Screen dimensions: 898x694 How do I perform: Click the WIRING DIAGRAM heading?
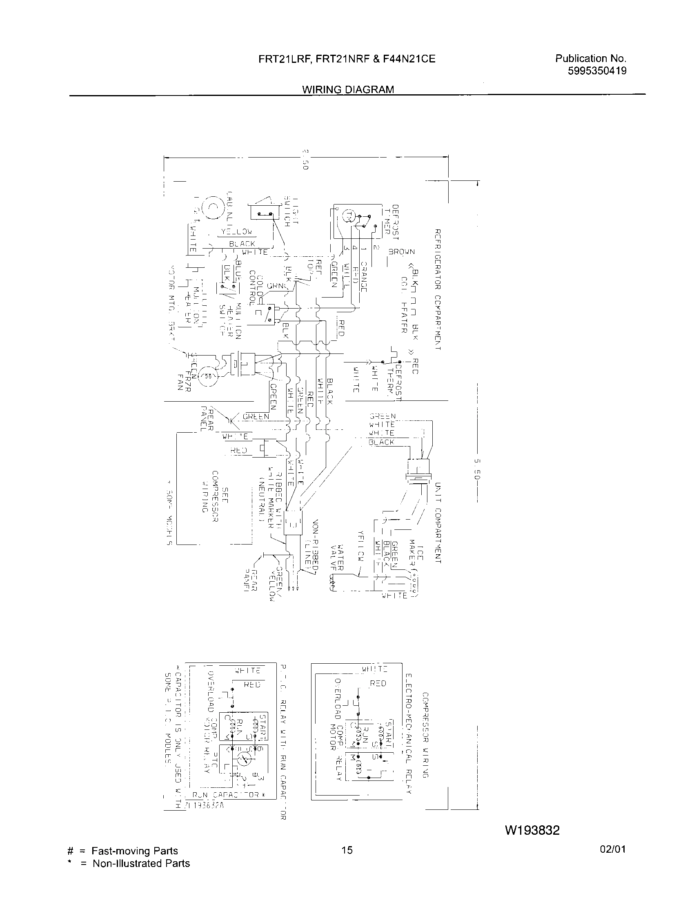(348, 89)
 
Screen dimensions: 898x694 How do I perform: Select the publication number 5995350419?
(597, 71)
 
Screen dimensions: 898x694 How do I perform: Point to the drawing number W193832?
(532, 830)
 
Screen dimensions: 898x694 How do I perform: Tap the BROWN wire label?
(401, 251)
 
